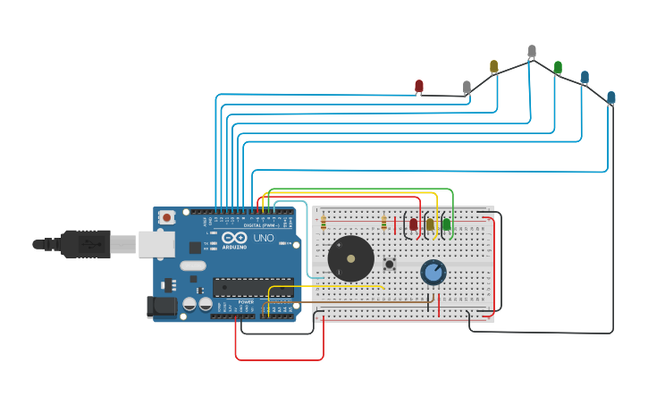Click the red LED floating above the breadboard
pyautogui.click(x=418, y=86)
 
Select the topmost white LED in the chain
pyautogui.click(x=532, y=52)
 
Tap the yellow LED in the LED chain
pyautogui.click(x=493, y=66)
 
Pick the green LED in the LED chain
pyautogui.click(x=558, y=67)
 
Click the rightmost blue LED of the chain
pyautogui.click(x=611, y=97)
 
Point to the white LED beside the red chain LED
pyautogui.click(x=467, y=87)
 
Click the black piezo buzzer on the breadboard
pyautogui.click(x=350, y=258)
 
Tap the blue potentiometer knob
pyautogui.click(x=433, y=272)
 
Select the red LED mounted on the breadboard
pyautogui.click(x=413, y=224)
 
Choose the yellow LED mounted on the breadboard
pyautogui.click(x=430, y=224)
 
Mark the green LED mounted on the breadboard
pyautogui.click(x=446, y=224)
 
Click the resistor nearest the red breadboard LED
pyautogui.click(x=384, y=224)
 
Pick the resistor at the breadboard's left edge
pyautogui.click(x=323, y=224)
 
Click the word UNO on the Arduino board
pyautogui.click(x=264, y=239)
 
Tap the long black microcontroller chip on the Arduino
pyautogui.click(x=253, y=287)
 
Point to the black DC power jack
pyautogui.click(x=161, y=307)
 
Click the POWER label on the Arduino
pyautogui.click(x=246, y=302)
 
